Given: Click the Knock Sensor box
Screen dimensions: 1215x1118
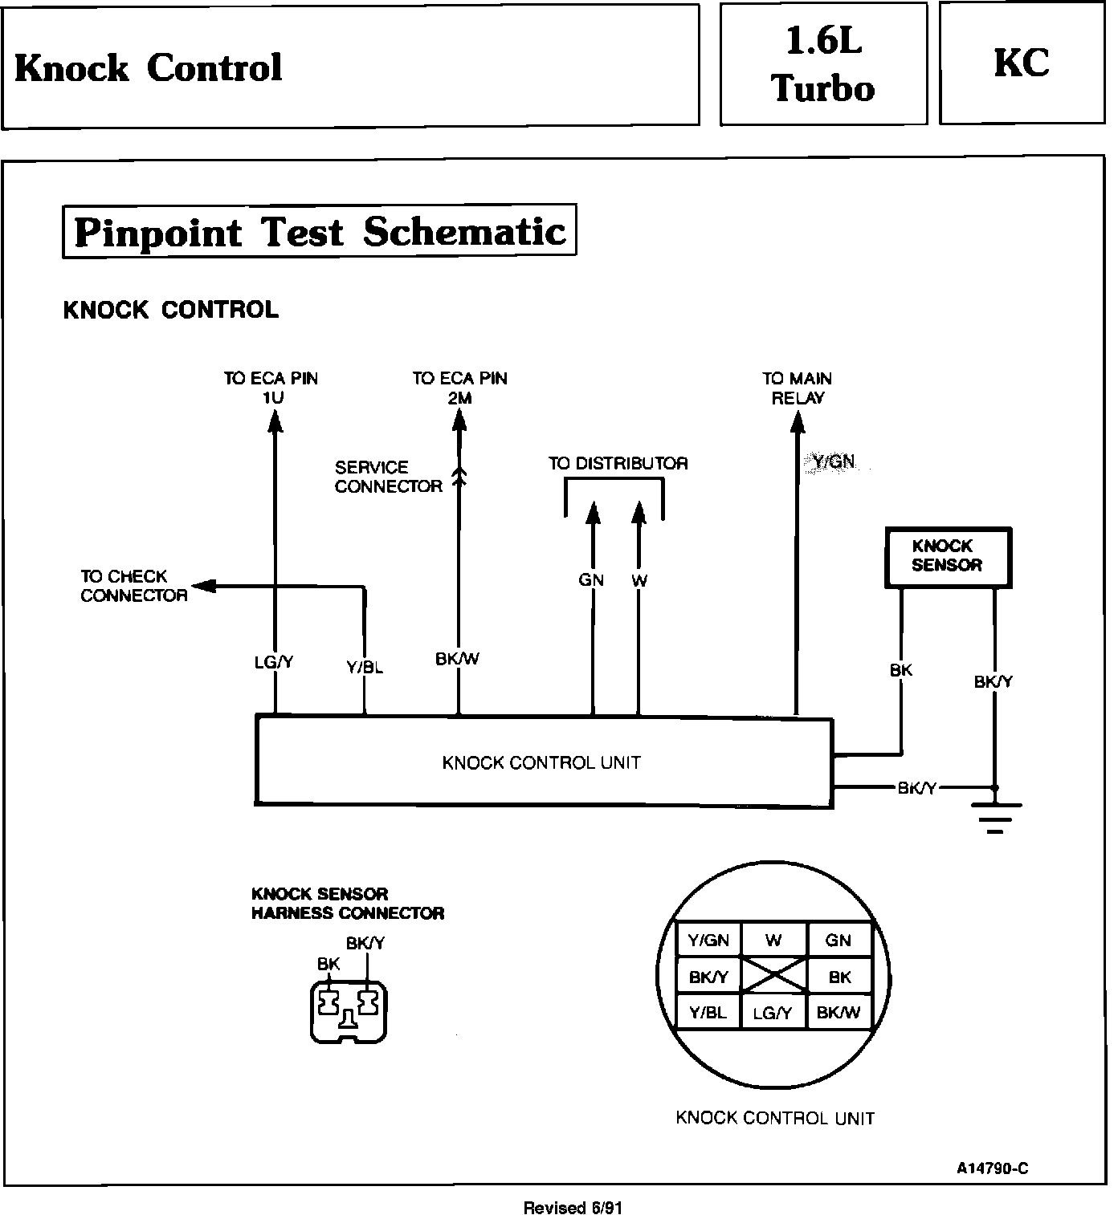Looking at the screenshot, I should click(947, 557).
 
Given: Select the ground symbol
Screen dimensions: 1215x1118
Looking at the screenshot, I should click(995, 815).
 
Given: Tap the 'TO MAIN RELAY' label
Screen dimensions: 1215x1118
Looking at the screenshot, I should click(797, 388).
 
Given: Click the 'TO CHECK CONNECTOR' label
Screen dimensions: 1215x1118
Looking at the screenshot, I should click(133, 586).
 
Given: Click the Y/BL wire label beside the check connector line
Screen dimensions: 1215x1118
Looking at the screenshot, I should click(365, 667).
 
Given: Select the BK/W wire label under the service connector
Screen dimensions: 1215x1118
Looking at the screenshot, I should click(458, 659).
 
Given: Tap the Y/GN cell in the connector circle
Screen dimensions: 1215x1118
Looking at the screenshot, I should click(708, 941).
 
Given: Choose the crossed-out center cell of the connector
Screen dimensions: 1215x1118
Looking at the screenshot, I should click(773, 976).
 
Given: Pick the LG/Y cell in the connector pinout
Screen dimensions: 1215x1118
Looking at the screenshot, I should click(773, 1014).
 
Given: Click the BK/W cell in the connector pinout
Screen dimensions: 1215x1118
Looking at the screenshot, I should click(838, 1013).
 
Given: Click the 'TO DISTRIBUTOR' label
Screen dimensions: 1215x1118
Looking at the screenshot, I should click(618, 463).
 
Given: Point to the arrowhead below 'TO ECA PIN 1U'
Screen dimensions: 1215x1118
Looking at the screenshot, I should click(275, 421).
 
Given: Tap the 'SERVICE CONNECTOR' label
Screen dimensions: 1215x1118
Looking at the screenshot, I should click(388, 477).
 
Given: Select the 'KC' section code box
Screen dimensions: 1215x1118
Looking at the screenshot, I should click(1022, 63).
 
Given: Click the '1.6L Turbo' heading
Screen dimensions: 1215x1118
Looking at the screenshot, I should click(823, 63).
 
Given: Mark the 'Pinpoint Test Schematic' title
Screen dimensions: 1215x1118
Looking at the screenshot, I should click(320, 232).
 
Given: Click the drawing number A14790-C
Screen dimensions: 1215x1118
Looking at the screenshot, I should click(992, 1168).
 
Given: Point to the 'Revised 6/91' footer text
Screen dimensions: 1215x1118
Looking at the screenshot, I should click(573, 1207).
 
